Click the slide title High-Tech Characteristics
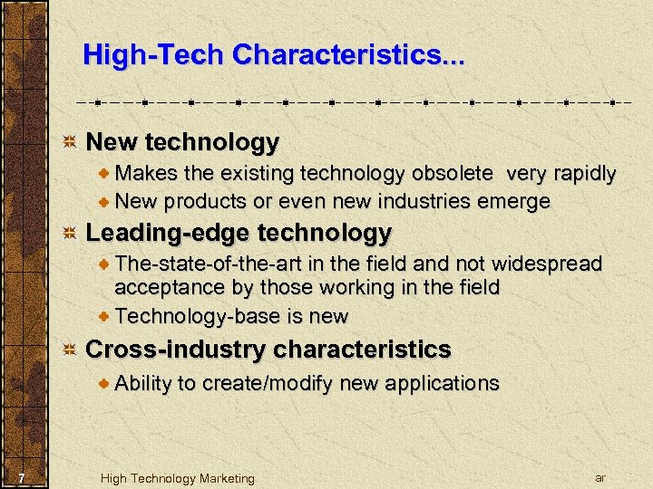click(273, 55)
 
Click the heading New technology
click(182, 142)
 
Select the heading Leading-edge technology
click(239, 233)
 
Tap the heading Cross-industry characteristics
click(268, 349)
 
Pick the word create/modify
click(266, 383)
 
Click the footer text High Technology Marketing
click(178, 478)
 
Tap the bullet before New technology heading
click(69, 142)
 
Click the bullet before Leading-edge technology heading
click(69, 233)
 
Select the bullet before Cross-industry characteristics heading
click(69, 349)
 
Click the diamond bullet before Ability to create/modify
click(105, 383)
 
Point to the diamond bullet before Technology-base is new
click(105, 316)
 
